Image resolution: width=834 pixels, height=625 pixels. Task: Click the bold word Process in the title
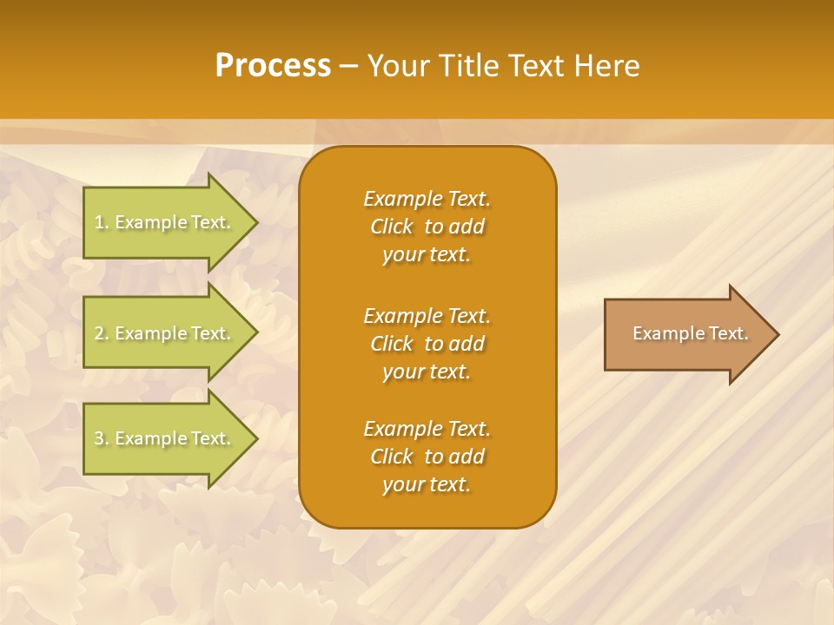click(x=273, y=66)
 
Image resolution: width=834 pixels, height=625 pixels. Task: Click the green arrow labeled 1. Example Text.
click(x=165, y=222)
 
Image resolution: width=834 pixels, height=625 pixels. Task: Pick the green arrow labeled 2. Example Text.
click(x=165, y=333)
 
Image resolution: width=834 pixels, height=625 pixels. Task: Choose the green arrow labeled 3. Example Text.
click(x=165, y=438)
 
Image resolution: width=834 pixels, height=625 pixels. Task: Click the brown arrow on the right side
click(x=686, y=333)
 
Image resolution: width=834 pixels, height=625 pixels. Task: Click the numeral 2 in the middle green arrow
click(x=99, y=333)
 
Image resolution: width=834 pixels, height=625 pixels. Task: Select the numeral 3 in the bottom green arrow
click(x=99, y=438)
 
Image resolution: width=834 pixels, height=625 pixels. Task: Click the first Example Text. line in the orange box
click(x=427, y=199)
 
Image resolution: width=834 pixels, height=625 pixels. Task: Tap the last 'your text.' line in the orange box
click(x=427, y=485)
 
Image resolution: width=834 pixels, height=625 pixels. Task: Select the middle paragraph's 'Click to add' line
click(x=427, y=344)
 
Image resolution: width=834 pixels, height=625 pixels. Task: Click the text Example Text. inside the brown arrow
click(x=690, y=333)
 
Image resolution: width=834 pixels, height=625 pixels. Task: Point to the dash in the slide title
click(x=349, y=66)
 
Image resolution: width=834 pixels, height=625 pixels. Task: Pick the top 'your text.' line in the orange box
click(x=427, y=255)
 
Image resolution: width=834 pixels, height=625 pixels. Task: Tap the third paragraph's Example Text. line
click(x=427, y=429)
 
